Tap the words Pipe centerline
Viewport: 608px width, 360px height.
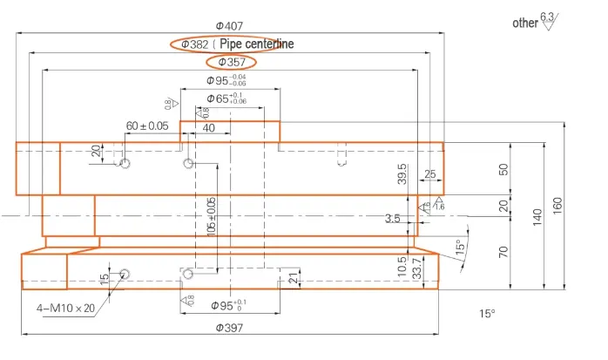pos(257,44)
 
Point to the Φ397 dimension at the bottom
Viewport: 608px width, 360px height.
pos(227,328)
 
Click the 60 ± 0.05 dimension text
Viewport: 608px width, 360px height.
pos(147,126)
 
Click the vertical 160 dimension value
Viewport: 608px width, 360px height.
pos(557,205)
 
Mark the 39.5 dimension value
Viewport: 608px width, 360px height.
pos(402,173)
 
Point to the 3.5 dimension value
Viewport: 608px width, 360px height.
pos(393,219)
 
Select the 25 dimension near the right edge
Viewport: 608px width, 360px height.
pos(430,174)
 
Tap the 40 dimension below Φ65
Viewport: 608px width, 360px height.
pos(209,128)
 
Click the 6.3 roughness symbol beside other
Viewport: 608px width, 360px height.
pos(547,20)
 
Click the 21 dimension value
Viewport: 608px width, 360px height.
pos(292,278)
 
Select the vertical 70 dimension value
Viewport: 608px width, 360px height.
pos(503,253)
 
